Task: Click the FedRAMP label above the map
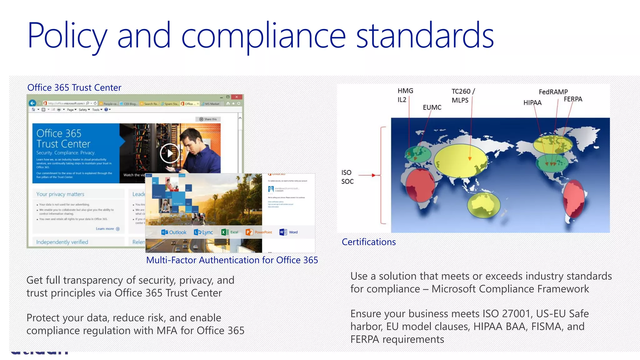click(x=553, y=92)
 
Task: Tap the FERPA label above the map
click(x=573, y=99)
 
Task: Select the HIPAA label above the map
click(x=532, y=103)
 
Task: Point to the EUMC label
click(x=432, y=107)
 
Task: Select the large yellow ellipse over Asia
click(x=460, y=160)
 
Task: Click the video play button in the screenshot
click(x=169, y=153)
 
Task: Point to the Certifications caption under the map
click(x=368, y=242)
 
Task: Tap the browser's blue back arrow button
click(x=32, y=103)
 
